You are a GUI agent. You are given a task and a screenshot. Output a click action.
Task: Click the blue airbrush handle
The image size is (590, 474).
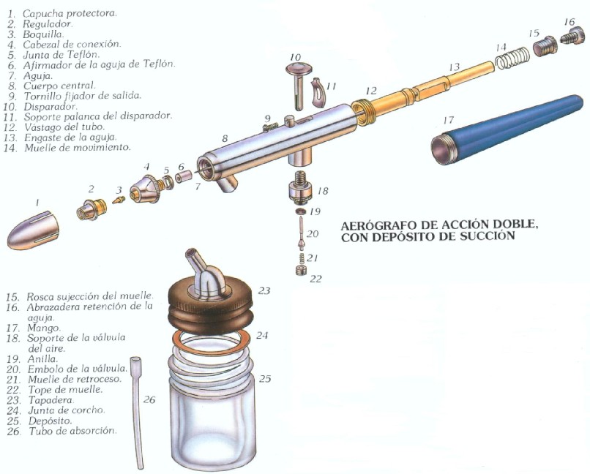[506, 129]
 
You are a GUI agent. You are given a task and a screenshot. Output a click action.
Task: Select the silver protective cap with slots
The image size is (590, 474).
[33, 231]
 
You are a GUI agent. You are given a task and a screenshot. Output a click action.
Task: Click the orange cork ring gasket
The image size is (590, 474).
[211, 343]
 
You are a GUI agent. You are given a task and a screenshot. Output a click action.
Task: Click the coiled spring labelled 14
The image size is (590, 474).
[512, 57]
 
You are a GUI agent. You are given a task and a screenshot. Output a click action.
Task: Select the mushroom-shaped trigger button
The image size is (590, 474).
[298, 86]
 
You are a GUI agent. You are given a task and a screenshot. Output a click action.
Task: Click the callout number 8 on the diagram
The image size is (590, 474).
[225, 138]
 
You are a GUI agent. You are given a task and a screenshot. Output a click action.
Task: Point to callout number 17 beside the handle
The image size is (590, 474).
[449, 120]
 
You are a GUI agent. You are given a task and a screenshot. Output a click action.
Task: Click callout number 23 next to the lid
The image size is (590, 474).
[264, 290]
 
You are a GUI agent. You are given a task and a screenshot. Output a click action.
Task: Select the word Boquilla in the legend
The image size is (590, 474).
[43, 34]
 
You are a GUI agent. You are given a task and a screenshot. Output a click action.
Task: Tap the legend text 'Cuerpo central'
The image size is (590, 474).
[59, 86]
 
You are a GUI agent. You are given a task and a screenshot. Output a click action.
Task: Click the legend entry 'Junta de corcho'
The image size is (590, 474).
[66, 410]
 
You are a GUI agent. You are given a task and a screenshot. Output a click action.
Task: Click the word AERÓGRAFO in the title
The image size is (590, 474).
[378, 225]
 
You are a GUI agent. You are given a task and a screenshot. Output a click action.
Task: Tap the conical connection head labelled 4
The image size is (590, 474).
[145, 188]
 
